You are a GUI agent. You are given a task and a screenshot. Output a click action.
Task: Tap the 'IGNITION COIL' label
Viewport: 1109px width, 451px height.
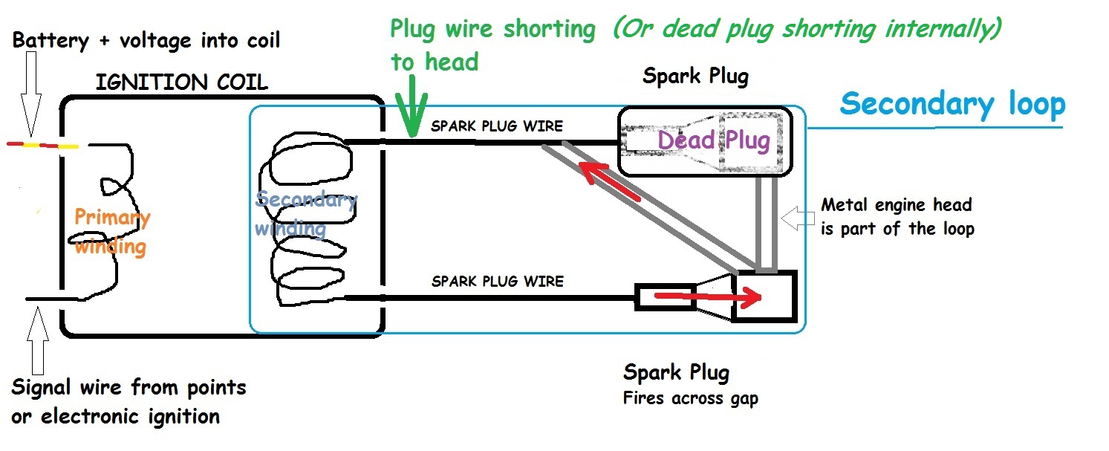point(182,82)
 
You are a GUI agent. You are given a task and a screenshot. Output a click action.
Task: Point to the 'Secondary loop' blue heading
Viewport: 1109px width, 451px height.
point(952,104)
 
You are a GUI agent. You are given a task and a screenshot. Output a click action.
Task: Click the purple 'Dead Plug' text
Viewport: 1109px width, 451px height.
point(714,140)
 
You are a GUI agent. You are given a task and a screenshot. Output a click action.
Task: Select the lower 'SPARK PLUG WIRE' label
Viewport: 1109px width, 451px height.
point(497,282)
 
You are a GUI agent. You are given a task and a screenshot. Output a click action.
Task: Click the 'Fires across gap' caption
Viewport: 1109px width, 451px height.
point(690,399)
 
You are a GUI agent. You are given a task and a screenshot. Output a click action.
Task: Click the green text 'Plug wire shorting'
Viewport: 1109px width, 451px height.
point(492,29)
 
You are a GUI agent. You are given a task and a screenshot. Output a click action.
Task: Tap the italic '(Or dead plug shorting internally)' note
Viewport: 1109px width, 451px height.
point(807,29)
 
